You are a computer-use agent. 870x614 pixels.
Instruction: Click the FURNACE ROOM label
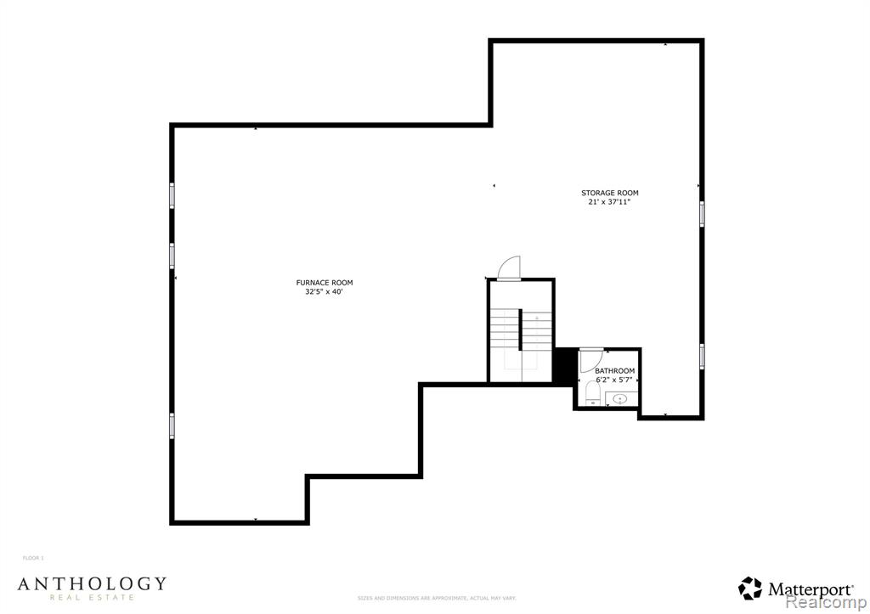tap(324, 283)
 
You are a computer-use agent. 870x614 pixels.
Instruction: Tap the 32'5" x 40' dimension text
tap(324, 291)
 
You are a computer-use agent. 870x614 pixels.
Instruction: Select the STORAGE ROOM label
tap(609, 193)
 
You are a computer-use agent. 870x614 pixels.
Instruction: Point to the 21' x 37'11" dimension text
tap(609, 202)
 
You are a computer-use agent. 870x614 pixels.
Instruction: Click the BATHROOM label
tap(614, 371)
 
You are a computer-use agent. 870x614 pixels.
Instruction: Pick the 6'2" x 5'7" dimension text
tap(614, 380)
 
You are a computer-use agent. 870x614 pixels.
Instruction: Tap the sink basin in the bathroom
tap(620, 398)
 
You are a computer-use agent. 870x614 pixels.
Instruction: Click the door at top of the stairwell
tap(509, 268)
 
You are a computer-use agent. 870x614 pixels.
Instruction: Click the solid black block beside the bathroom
tap(563, 365)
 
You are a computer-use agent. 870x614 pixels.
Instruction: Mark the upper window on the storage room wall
tap(702, 213)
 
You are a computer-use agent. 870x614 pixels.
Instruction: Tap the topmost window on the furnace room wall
tap(172, 195)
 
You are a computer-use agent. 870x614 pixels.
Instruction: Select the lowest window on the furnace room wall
tap(172, 425)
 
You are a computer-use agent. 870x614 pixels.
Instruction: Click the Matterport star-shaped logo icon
tap(750, 588)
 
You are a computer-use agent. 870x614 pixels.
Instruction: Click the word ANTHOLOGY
tap(92, 583)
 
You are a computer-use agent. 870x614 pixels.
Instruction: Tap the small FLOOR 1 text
tap(33, 558)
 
